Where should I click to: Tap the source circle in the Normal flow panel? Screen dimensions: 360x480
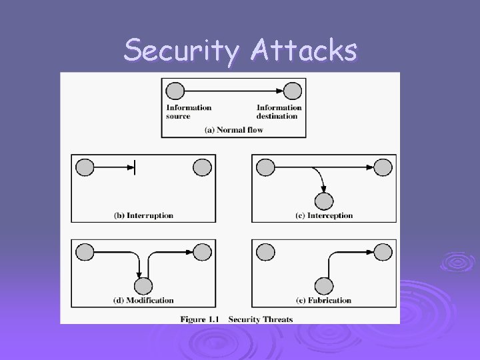(x=175, y=91)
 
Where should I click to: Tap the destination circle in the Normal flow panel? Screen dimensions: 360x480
(x=292, y=91)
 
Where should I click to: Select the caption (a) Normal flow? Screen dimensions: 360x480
(x=233, y=130)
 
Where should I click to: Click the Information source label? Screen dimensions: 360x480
(x=189, y=111)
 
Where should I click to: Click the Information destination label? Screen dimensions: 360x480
(x=279, y=111)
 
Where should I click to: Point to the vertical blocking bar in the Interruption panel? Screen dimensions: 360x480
(x=135, y=167)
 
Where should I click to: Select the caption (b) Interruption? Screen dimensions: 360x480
(x=143, y=215)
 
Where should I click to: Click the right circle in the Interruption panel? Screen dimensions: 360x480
(x=202, y=167)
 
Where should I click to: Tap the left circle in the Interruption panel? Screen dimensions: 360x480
(x=85, y=167)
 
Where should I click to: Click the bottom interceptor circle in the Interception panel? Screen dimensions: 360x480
(x=324, y=200)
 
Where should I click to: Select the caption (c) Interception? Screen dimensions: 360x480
(x=323, y=215)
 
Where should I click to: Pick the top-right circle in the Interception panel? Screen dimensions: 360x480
(x=383, y=167)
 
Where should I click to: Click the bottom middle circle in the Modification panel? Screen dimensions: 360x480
(x=143, y=285)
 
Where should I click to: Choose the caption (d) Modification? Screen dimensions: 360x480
(x=143, y=301)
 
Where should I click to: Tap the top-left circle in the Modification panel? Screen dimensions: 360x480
(x=85, y=251)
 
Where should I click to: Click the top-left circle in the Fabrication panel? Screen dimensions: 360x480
(x=265, y=251)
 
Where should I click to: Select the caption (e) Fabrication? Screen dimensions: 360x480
(x=323, y=301)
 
